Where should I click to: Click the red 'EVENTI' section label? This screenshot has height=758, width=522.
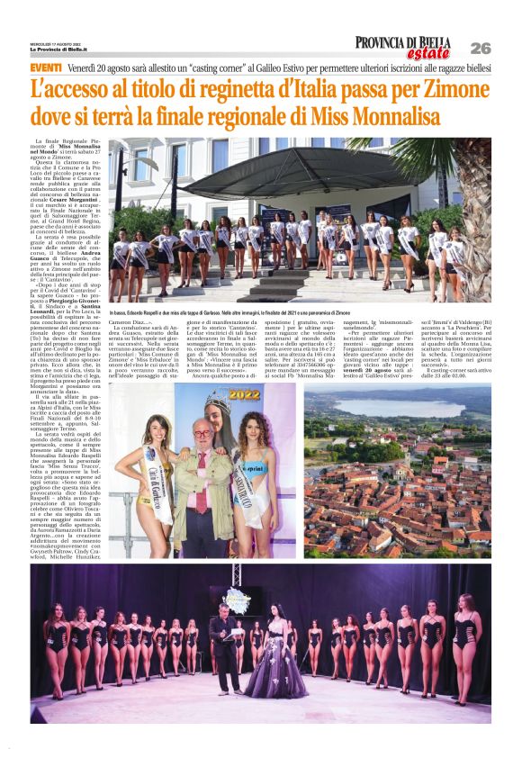pos(45,68)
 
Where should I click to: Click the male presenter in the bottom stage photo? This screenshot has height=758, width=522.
pos(221,645)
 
